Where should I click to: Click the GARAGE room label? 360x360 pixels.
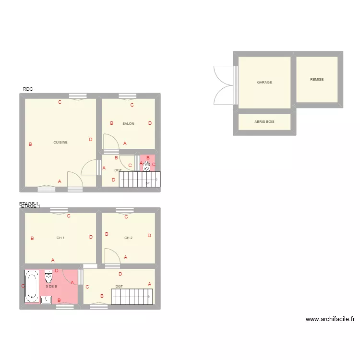[264, 83]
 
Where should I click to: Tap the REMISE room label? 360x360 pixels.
[317, 80]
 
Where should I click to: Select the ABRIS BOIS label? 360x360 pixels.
[264, 122]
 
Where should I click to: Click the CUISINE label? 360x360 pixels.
[60, 143]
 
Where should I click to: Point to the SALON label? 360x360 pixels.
[128, 124]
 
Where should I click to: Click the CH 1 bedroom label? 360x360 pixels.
[60, 238]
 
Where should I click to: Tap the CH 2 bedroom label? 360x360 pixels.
[128, 238]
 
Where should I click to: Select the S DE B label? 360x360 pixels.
[51, 287]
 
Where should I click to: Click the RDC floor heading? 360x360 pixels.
[28, 89]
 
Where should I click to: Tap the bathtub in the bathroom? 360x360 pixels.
[32, 287]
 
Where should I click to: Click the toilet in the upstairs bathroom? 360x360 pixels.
[49, 277]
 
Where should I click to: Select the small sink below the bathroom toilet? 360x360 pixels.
[46, 300]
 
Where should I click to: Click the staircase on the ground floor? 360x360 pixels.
[139, 180]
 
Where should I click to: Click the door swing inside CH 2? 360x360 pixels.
[112, 256]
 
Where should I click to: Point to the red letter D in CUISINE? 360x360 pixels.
[91, 140]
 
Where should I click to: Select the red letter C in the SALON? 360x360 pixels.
[132, 105]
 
